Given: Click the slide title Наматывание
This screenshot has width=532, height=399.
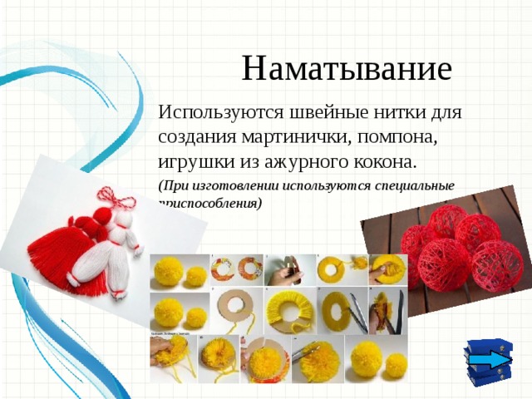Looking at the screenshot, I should coord(347,67).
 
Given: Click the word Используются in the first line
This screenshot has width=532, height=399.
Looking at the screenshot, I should coord(215,111).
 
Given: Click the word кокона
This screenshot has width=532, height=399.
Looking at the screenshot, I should coord(385,159).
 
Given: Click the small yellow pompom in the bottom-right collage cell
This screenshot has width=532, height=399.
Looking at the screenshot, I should coord(396,362).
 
